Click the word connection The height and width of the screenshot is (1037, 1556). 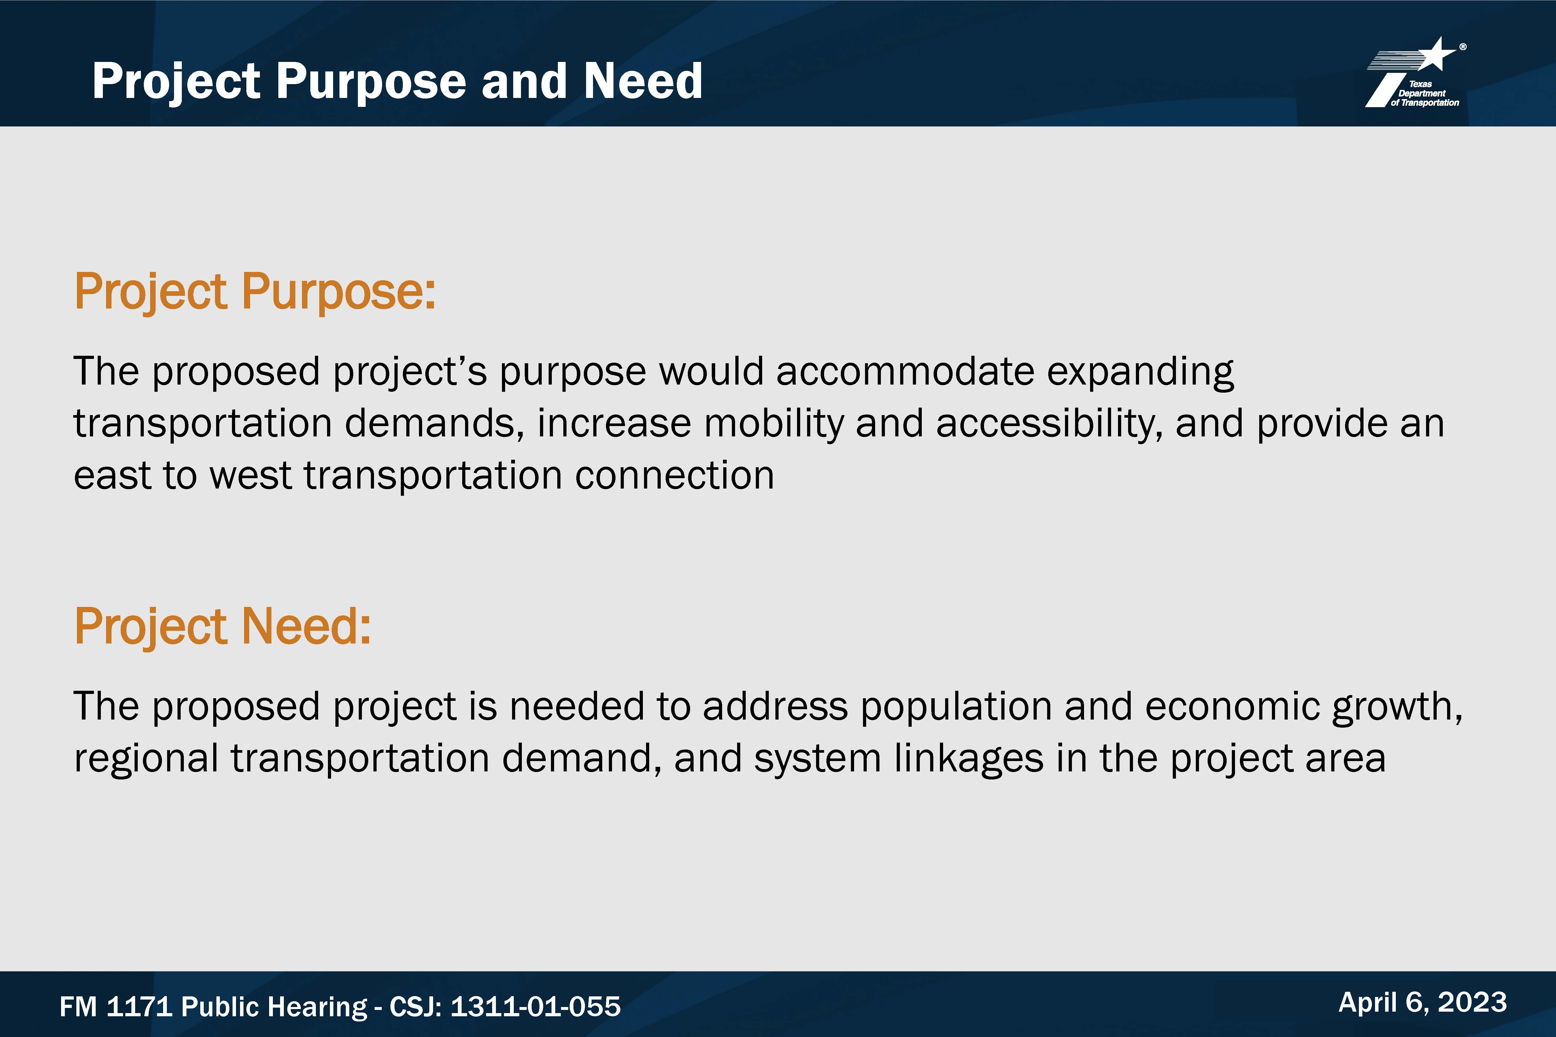(674, 476)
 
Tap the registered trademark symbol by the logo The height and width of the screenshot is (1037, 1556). (1463, 47)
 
